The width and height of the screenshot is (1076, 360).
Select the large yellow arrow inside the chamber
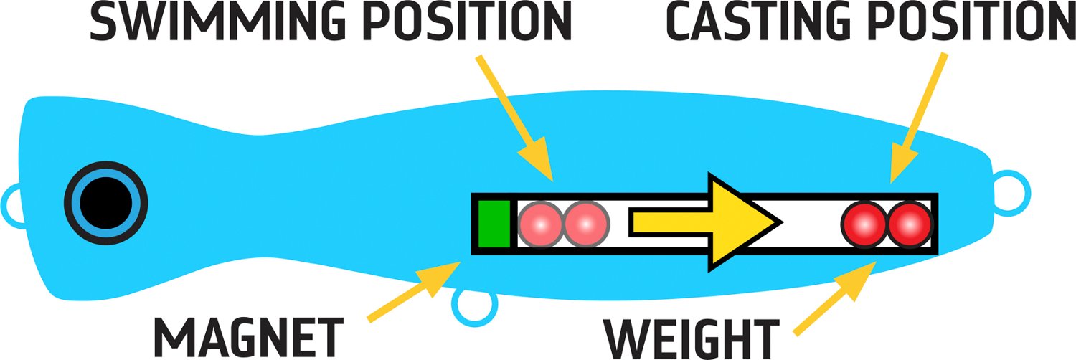point(710,222)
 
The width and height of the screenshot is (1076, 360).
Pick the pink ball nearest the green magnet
point(540,224)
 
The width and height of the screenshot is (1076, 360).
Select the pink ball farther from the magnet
point(586,224)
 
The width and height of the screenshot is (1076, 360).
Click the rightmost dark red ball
point(910,224)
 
